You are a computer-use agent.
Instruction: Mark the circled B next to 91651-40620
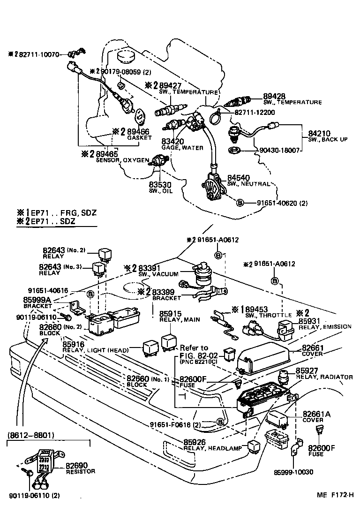click(x=239, y=203)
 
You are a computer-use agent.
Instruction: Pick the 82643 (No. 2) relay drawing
click(x=104, y=253)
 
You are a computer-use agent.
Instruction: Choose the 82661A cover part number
click(x=316, y=414)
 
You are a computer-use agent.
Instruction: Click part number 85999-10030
click(x=294, y=472)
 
